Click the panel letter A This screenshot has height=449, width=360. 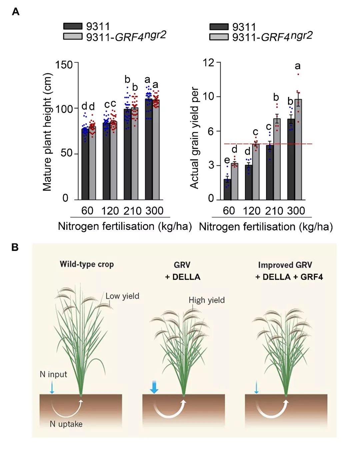[15, 12]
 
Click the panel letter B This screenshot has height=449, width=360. [15, 247]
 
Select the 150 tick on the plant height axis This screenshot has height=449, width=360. [64, 64]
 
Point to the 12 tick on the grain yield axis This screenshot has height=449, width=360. [209, 62]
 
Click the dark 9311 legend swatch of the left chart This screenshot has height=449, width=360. [73, 26]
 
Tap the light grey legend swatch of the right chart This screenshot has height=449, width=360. [219, 37]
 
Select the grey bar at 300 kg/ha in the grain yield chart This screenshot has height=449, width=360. [298, 150]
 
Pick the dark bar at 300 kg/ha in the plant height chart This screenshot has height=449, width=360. [148, 150]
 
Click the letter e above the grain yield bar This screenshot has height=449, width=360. [227, 160]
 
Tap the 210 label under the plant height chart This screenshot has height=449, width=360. [133, 211]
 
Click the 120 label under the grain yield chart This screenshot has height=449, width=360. [252, 211]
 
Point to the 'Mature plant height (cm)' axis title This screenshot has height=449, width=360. [47, 132]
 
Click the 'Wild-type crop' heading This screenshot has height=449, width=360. [87, 264]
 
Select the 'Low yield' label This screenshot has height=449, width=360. [122, 296]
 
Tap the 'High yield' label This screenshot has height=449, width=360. [206, 300]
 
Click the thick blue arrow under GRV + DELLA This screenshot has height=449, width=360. [154, 387]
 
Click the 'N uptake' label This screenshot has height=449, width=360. [66, 424]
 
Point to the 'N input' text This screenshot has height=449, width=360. [53, 374]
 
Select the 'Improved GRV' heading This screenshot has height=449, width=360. [285, 265]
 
